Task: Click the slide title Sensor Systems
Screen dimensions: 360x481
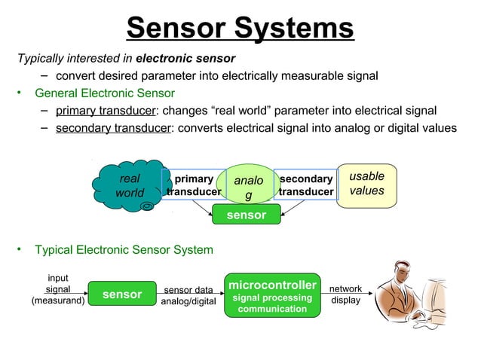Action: coord(240,29)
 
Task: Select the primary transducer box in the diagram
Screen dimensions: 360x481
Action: coord(193,185)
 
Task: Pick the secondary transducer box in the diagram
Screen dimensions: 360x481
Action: coord(305,185)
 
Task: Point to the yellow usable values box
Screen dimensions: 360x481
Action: coord(366,184)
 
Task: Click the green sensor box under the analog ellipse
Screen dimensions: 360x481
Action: coord(247,215)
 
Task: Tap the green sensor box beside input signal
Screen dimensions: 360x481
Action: coord(122,294)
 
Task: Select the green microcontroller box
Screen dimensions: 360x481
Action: coord(272,297)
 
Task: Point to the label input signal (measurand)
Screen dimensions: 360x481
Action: coord(57,290)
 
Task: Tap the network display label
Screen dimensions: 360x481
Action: coord(346,294)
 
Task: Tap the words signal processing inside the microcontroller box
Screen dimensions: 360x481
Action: coord(272,298)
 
